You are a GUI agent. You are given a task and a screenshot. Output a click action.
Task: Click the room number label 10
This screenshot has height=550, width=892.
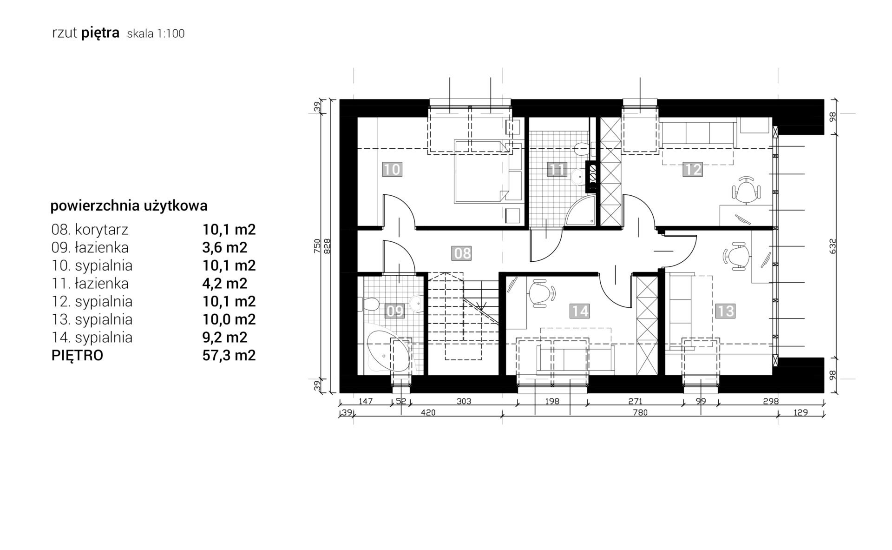[x=392, y=169]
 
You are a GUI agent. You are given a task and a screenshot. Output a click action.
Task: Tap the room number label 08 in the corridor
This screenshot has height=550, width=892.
[x=462, y=253]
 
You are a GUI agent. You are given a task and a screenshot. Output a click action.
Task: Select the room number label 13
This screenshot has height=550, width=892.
[x=725, y=310]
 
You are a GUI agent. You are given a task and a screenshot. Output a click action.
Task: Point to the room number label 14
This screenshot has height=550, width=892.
[x=580, y=310]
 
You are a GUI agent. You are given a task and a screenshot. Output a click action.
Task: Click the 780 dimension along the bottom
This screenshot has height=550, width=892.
[x=640, y=412]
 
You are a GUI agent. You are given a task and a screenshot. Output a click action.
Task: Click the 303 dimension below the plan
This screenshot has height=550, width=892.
[x=464, y=401]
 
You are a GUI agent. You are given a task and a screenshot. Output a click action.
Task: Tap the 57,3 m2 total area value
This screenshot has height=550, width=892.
[x=229, y=355]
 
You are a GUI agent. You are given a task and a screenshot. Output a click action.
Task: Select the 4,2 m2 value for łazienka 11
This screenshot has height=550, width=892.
[x=225, y=284]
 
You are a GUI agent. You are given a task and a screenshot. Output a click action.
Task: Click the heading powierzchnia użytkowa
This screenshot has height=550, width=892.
[x=129, y=206]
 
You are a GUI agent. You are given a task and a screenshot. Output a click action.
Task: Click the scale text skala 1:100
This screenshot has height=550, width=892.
[x=156, y=34]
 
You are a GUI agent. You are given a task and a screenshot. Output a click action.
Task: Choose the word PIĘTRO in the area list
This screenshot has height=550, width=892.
[x=77, y=355]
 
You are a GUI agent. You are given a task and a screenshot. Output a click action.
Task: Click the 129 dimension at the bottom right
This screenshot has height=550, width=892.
[x=801, y=412]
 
